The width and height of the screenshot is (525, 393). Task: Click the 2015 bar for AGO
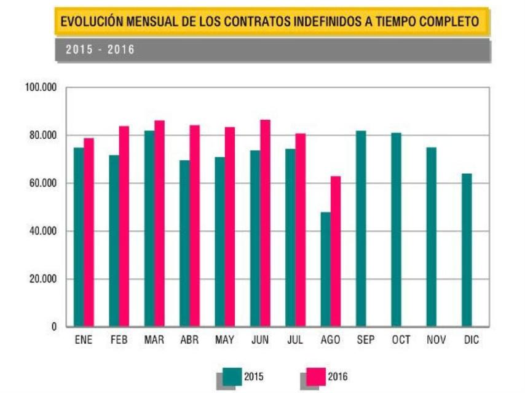click(325, 269)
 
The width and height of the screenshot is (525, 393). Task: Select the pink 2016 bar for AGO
click(336, 251)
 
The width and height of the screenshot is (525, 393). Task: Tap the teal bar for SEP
click(361, 228)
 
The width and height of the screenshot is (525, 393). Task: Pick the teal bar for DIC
click(467, 250)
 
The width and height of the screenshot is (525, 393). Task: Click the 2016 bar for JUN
click(265, 223)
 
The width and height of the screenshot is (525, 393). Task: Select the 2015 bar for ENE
click(78, 237)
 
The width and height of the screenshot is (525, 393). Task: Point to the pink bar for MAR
click(159, 223)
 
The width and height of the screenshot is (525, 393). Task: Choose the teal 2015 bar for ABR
click(184, 243)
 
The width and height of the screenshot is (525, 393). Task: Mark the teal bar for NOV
click(432, 237)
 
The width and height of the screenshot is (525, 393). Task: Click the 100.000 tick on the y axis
click(41, 88)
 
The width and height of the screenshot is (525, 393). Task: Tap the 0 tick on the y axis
click(54, 327)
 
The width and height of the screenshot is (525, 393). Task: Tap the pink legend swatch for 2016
click(317, 376)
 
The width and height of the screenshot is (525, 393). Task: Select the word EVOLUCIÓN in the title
click(89, 22)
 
